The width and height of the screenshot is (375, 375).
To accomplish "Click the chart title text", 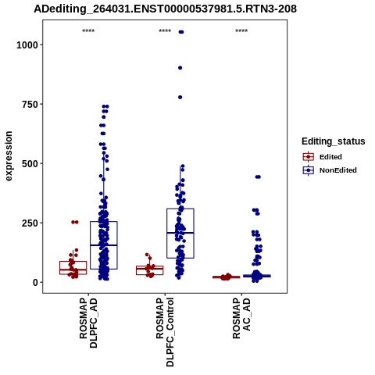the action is (165, 9).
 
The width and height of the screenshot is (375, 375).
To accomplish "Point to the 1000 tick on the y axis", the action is (27, 45).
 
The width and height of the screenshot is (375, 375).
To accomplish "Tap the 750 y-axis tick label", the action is (30, 105).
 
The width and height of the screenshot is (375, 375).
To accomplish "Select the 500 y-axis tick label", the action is (30, 164).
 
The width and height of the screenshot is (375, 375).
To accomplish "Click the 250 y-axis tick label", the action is (30, 223).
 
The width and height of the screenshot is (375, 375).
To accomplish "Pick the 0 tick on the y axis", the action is (36, 283).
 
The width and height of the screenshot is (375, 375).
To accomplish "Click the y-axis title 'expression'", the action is (9, 156).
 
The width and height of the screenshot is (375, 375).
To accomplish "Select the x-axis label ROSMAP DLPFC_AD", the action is (88, 323).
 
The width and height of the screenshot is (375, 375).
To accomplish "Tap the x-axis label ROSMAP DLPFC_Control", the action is (165, 332).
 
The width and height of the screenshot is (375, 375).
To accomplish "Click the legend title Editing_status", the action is (334, 141).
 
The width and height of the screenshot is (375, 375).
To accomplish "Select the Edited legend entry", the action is (322, 157).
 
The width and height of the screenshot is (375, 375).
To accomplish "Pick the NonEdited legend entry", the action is (330, 170).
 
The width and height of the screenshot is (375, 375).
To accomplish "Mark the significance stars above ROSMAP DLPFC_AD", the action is (88, 31).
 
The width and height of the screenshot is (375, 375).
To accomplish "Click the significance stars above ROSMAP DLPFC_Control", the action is (165, 31).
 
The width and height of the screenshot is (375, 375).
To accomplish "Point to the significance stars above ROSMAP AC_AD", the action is (241, 31).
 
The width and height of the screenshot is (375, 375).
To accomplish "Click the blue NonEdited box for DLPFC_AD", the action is (104, 222).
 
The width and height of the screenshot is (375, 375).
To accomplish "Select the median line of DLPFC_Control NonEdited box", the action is (180, 233).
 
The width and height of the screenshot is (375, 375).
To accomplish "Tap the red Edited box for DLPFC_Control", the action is (150, 266).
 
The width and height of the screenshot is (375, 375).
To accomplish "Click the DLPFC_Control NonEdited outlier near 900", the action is (180, 68).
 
